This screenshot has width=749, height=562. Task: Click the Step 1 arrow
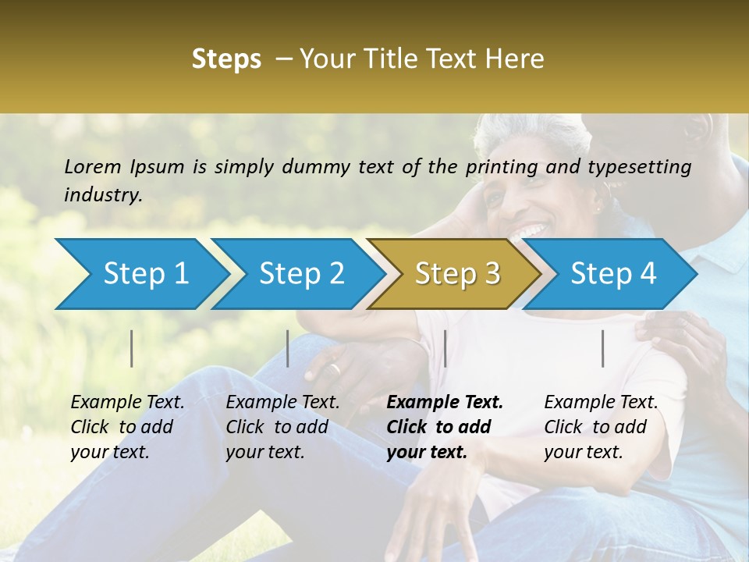pos(140,274)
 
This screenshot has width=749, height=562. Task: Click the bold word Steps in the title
pos(226,59)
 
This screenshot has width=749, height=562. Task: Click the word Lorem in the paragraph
pos(92,166)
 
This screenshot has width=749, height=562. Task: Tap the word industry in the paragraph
pos(102,195)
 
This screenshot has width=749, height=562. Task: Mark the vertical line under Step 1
pos(132,348)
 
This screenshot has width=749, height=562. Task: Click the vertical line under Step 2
pos(288,348)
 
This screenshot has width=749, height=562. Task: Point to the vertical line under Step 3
pos(445,348)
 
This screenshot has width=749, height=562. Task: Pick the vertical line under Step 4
pos(602,348)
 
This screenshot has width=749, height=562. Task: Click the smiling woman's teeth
pos(532,232)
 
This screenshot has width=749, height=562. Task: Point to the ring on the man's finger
pos(334,368)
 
